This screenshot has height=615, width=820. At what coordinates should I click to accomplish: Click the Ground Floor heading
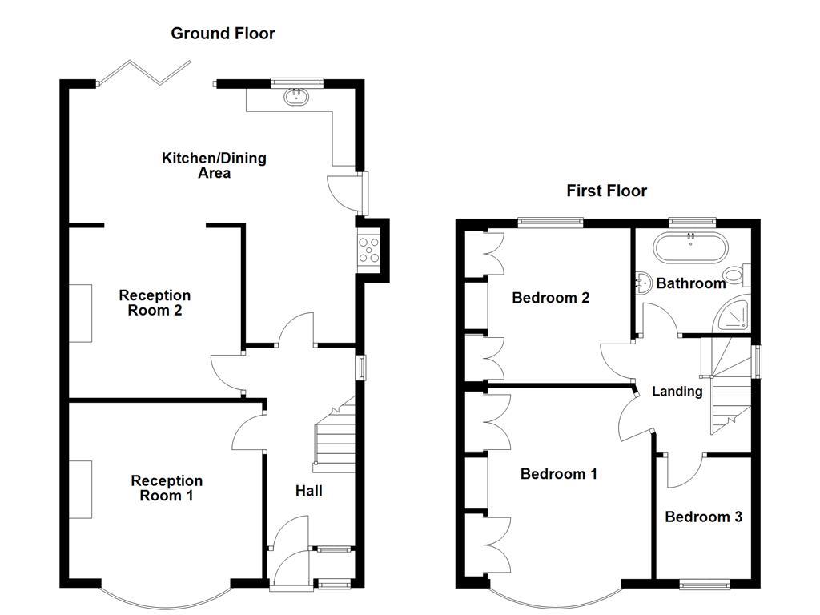223,34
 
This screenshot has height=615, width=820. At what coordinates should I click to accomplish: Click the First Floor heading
606,191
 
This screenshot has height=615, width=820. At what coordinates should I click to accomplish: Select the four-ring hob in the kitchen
369,250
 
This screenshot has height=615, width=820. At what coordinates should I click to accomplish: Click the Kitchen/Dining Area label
214,165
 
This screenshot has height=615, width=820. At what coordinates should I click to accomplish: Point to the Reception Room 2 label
155,303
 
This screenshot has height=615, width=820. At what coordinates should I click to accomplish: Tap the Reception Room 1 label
167,488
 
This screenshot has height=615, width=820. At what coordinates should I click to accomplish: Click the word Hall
308,491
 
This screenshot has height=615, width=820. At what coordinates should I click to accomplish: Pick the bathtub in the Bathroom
689,248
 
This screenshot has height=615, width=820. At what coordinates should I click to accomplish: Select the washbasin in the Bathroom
643,281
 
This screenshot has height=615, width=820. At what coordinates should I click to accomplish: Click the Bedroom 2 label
551,298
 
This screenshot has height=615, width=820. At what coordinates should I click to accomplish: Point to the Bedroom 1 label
558,474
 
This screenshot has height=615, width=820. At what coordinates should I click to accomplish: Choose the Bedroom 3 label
703,517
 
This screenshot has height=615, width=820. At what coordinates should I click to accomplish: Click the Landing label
677,392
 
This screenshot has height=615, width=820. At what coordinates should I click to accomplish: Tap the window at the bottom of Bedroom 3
704,585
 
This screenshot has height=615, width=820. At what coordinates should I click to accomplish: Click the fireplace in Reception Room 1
80,489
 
